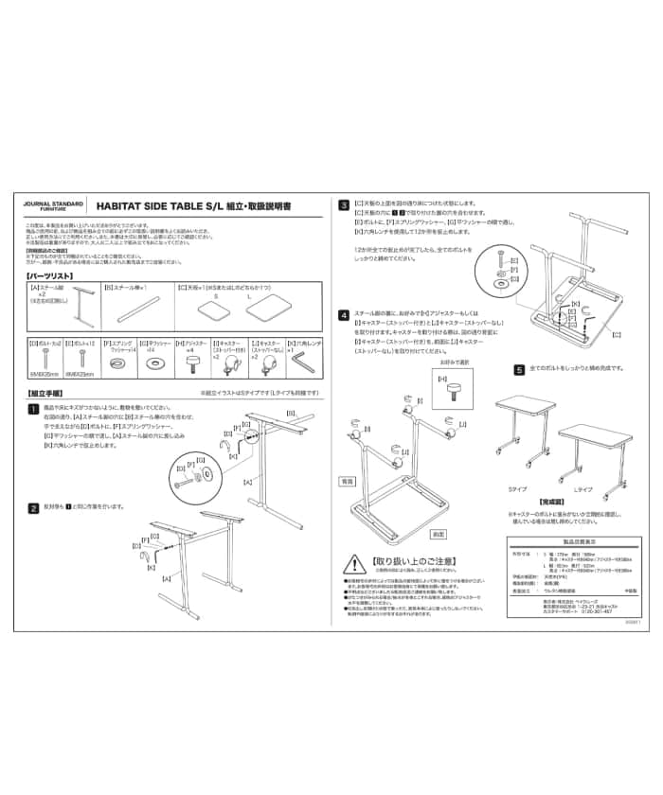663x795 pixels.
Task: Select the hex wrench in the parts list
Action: (x=305, y=362)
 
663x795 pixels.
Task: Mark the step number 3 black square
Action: (x=345, y=203)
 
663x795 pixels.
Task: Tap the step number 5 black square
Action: (x=519, y=370)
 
